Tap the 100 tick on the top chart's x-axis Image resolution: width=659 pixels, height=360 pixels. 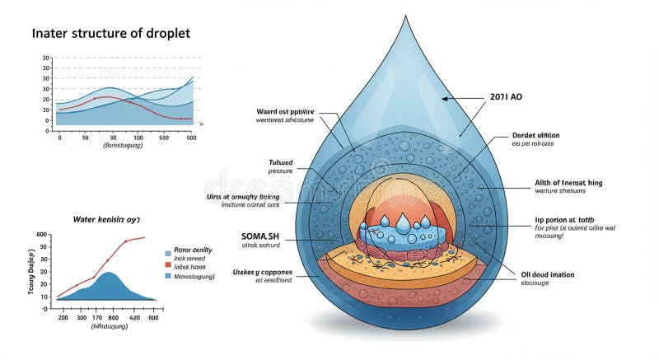pos(138,138)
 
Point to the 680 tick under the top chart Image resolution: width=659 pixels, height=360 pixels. pos(165,138)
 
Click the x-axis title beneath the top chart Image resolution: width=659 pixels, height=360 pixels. pos(123,146)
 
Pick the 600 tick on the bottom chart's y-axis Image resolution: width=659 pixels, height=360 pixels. pos(42,236)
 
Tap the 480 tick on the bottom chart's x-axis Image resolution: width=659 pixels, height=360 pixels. pos(152,317)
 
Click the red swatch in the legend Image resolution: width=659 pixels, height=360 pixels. pos(168,265)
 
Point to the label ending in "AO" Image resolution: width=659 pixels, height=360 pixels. pos(505,96)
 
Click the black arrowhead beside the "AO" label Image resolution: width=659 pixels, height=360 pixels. pos(445,98)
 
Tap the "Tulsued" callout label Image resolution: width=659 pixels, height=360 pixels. pos(281,161)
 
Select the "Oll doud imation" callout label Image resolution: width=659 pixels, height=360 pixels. pos(548,274)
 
